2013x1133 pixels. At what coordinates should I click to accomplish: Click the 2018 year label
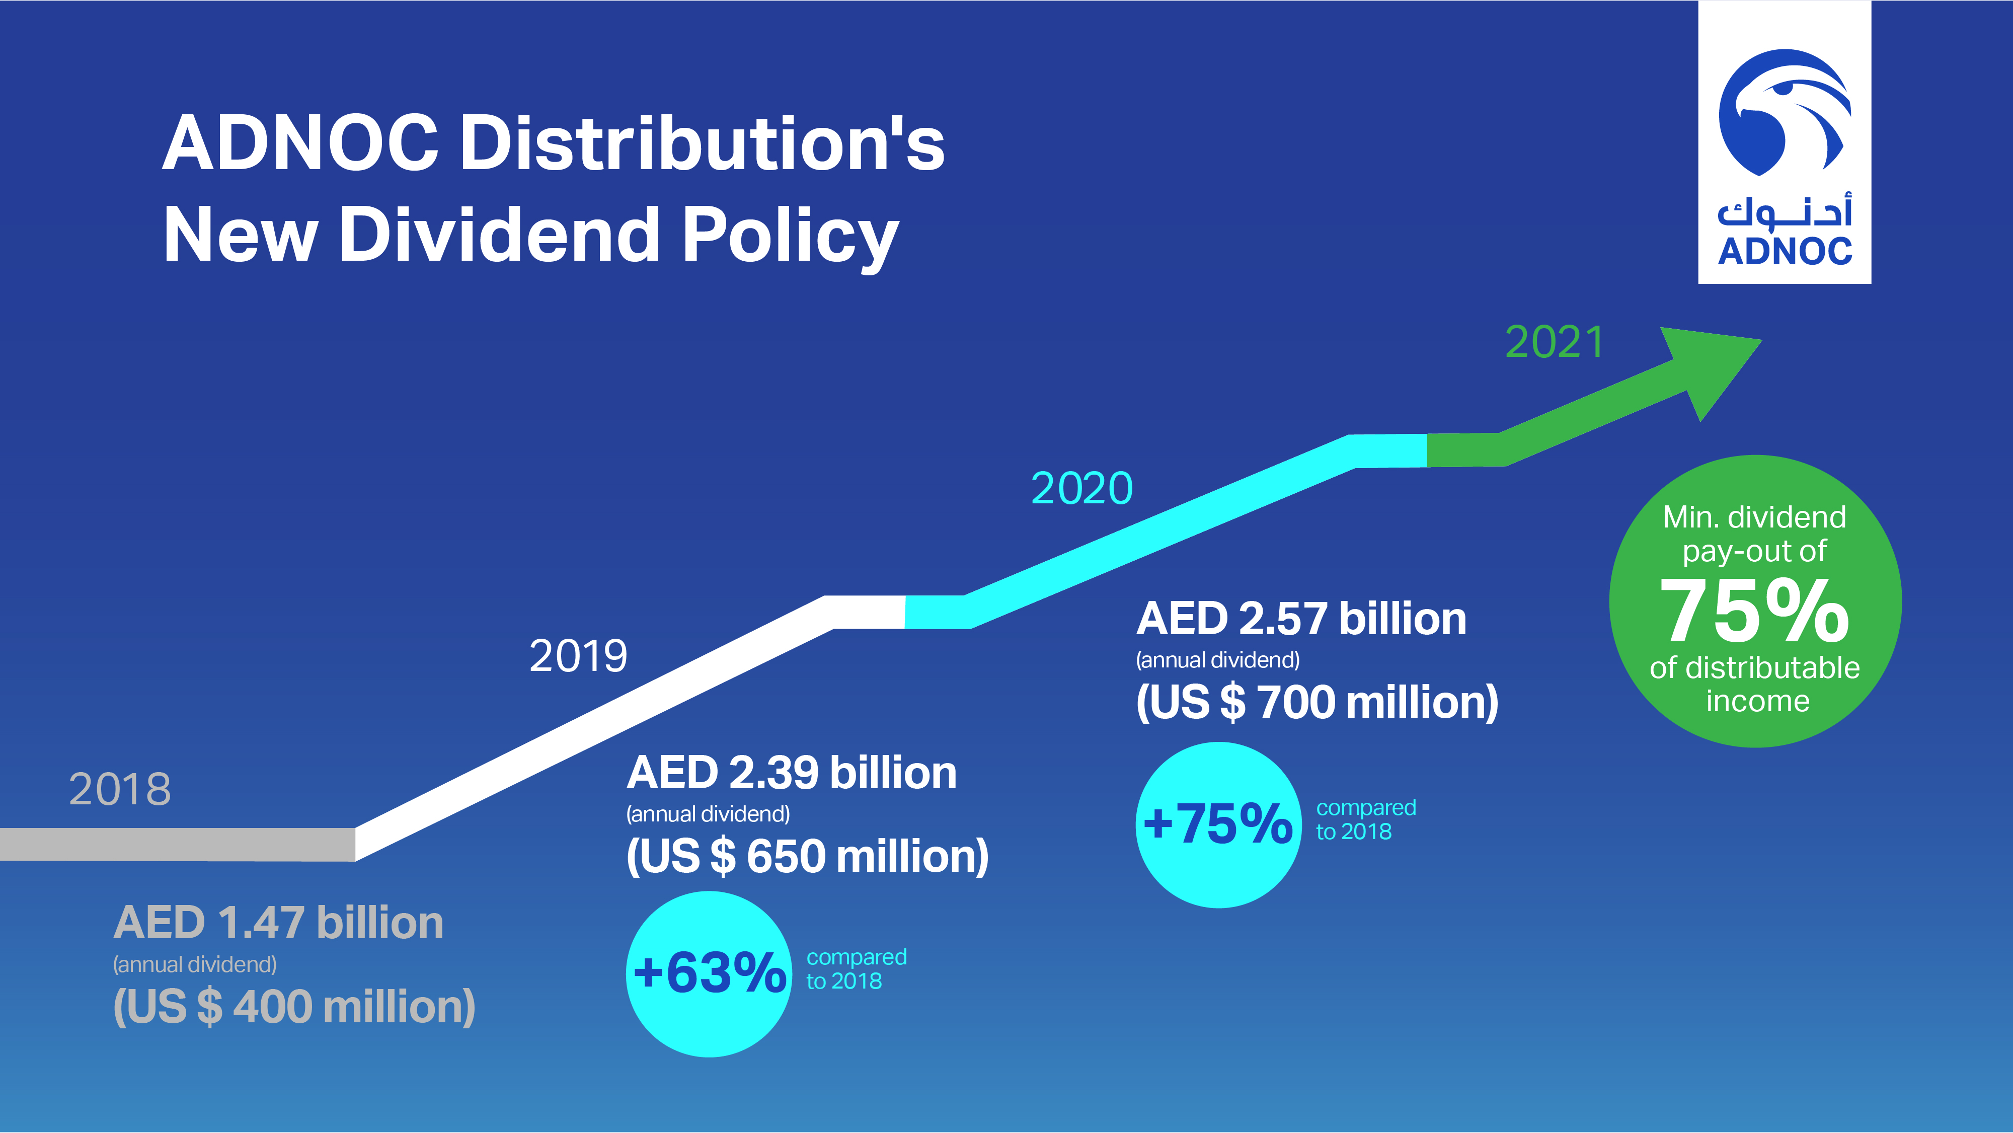pos(120,789)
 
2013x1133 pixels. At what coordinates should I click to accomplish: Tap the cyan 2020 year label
pos(1081,488)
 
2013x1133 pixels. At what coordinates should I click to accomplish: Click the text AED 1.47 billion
pos(278,923)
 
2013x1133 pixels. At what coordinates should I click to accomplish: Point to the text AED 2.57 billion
pos(1301,619)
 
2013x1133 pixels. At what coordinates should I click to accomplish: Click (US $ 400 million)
pos(294,1007)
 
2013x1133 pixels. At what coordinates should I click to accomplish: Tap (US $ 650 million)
pos(807,856)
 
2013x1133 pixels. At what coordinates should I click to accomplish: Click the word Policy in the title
pos(789,235)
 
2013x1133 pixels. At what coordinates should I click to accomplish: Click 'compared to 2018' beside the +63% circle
pos(856,969)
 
